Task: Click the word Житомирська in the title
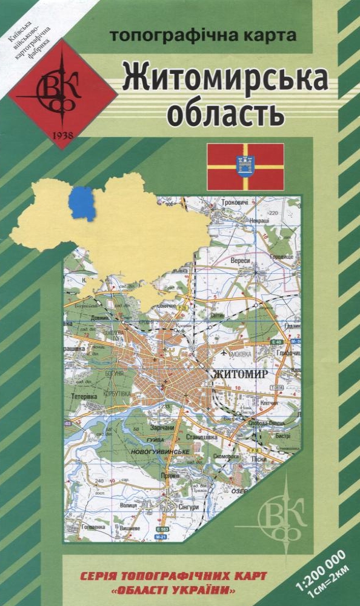(225, 78)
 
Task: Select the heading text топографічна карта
(203, 35)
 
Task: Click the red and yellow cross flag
(245, 167)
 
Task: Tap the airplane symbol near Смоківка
(224, 353)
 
